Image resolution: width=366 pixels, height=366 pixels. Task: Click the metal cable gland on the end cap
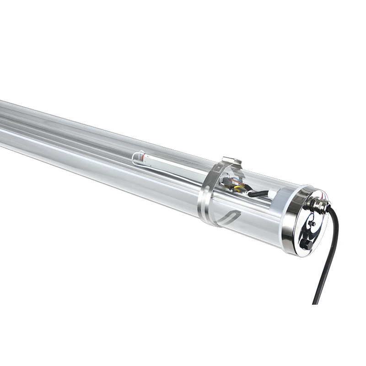coord(317,203)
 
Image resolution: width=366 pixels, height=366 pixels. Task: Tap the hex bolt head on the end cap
coord(307,245)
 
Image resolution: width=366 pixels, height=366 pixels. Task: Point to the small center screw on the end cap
coord(312,223)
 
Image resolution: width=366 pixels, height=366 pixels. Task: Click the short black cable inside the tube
coord(259,193)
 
